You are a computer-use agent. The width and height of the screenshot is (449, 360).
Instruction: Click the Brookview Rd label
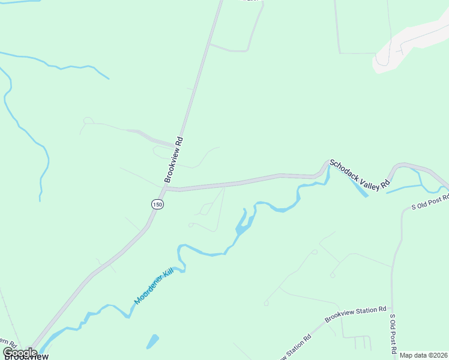[174, 160]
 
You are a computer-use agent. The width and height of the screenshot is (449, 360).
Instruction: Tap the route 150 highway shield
[157, 204]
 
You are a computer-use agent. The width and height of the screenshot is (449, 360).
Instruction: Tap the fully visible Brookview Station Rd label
[355, 314]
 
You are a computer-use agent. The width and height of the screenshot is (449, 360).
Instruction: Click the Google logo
[20, 352]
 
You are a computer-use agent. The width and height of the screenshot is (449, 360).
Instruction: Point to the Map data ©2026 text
[424, 355]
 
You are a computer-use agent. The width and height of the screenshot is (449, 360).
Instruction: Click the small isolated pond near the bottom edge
[152, 341]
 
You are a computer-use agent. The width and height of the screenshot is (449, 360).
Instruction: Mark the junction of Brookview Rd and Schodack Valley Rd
[166, 188]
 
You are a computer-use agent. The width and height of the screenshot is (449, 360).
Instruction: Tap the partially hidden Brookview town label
[27, 356]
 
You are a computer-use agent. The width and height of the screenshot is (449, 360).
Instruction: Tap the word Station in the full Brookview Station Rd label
[363, 312]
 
